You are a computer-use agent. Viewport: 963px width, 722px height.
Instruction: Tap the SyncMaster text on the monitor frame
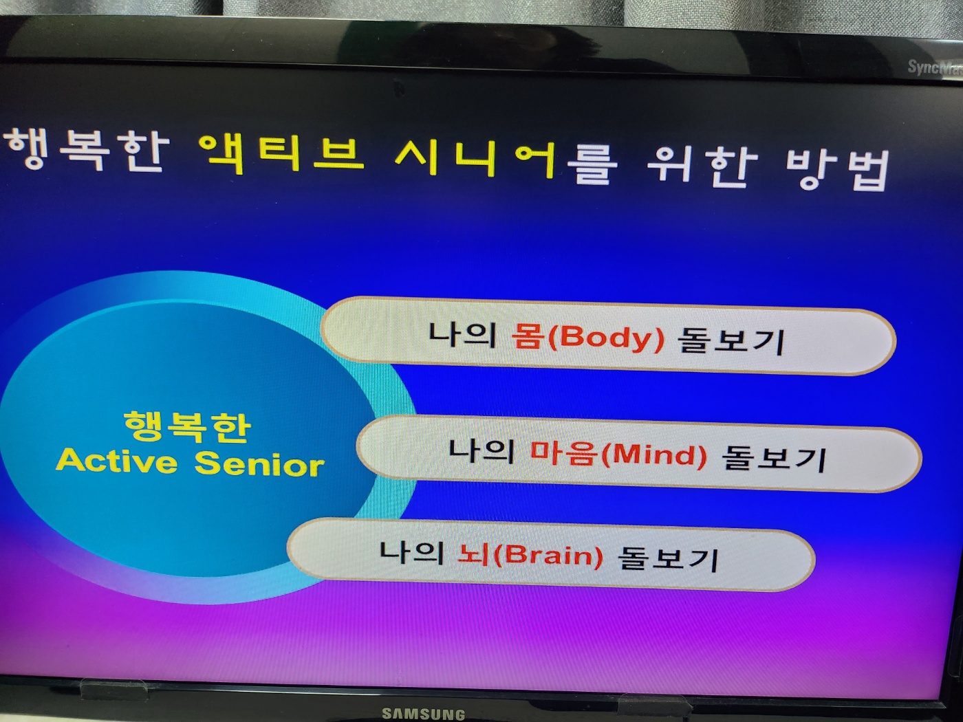(935, 69)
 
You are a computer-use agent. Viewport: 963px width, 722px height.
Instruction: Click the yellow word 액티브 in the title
(281, 153)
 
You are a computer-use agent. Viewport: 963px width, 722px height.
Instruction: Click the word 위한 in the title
(703, 165)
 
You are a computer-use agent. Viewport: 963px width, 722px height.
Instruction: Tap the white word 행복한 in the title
(88, 150)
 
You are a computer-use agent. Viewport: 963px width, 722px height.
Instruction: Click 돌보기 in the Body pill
(731, 341)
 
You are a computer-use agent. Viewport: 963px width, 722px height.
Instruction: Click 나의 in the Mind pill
(481, 451)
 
